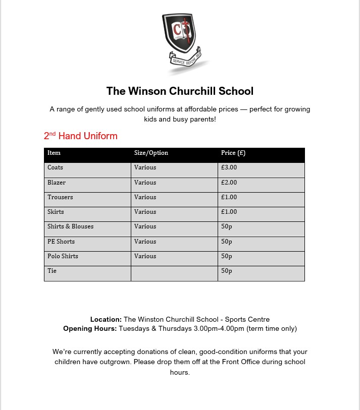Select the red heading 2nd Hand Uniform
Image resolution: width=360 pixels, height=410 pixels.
point(81,136)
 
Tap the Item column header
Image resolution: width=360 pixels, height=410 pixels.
point(54,153)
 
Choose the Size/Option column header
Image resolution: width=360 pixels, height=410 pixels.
point(151,153)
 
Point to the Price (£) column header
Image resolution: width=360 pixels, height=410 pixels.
point(233,153)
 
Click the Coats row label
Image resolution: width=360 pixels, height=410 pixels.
point(56,167)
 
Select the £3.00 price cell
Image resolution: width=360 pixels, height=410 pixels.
point(229,167)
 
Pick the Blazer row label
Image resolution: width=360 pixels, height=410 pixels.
point(57,183)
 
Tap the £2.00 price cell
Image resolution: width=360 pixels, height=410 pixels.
point(229,183)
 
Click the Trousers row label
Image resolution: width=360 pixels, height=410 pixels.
point(60,197)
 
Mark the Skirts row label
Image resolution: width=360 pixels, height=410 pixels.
point(56,212)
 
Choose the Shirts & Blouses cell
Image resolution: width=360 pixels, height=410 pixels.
point(71,226)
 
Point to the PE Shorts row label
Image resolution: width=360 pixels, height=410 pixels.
point(61,242)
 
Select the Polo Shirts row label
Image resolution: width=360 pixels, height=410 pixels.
point(63,256)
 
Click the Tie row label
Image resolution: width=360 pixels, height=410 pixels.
point(52,271)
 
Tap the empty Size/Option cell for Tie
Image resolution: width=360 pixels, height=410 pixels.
point(174,273)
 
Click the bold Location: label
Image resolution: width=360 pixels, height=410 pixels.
point(106,319)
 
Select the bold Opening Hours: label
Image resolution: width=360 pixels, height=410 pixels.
point(90,329)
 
